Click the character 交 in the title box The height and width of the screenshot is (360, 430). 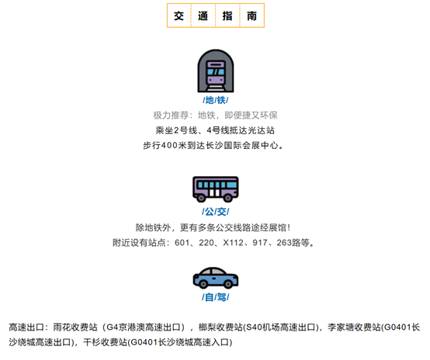coord(179,16)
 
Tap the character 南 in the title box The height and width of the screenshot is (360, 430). coord(251,16)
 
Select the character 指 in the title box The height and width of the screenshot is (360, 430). coord(227,16)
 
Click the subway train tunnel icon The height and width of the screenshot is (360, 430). coord(216,71)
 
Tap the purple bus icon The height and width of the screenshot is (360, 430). coord(216,189)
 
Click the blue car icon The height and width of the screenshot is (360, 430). coord(216,278)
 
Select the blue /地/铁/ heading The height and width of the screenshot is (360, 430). coord(216,100)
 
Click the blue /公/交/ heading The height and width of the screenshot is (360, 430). coord(216,212)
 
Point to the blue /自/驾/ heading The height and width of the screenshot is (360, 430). coord(216,297)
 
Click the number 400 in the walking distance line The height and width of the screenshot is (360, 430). coord(169,145)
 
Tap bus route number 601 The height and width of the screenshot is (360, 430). coord(182,243)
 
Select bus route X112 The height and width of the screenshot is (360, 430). coord(233,243)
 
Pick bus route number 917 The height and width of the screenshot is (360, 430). coord(260,243)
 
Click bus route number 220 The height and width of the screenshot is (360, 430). coord(206,243)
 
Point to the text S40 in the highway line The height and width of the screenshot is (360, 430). coord(252,327)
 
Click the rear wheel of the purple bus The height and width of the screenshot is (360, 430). coord(201,198)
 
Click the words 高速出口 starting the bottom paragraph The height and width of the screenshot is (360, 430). coord(26,327)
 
